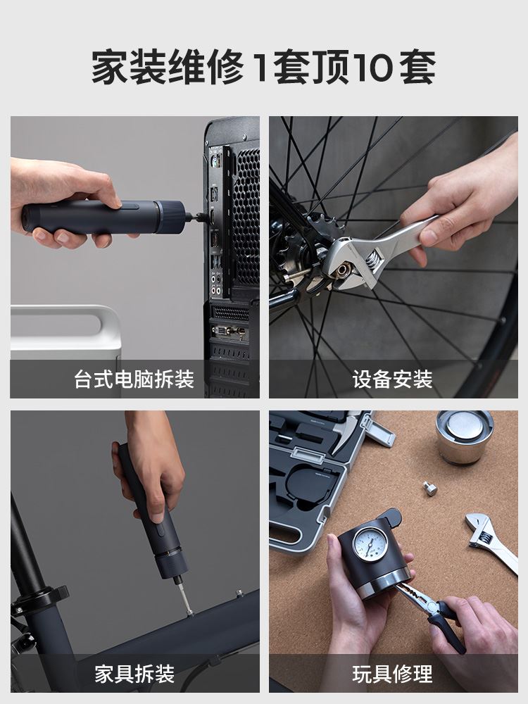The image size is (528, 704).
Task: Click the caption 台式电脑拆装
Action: (x=134, y=380)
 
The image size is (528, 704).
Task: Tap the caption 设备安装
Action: (x=392, y=380)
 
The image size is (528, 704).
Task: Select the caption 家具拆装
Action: (x=134, y=674)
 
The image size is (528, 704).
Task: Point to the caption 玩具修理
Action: (x=392, y=674)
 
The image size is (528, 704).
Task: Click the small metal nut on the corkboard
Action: (x=429, y=487)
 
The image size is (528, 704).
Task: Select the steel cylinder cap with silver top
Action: (x=464, y=436)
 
